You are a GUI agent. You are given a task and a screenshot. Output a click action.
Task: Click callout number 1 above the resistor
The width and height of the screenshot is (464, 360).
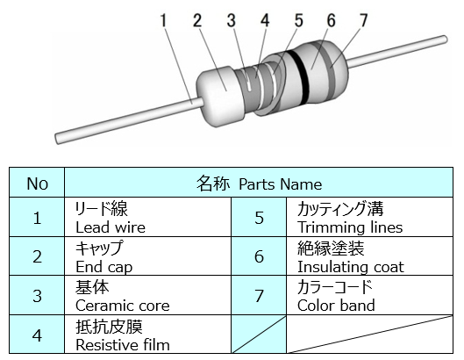[x=163, y=20]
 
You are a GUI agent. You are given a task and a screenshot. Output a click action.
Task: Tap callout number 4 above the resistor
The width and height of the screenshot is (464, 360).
[x=265, y=20]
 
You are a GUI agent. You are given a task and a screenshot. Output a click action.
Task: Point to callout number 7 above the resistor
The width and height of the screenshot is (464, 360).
[x=363, y=20]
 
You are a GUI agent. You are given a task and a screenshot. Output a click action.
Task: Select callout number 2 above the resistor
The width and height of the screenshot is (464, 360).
[x=197, y=20]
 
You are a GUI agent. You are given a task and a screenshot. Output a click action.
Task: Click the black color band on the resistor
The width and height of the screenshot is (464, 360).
[x=299, y=77]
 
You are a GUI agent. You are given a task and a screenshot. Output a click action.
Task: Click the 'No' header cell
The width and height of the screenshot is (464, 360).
[x=37, y=184]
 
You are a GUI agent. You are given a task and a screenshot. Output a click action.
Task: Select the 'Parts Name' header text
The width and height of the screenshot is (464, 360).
[x=280, y=184]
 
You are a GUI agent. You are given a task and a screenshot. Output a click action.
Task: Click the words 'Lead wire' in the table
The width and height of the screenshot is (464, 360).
[x=111, y=227]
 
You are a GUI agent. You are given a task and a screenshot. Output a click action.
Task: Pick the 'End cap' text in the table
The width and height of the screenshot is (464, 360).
[x=104, y=267]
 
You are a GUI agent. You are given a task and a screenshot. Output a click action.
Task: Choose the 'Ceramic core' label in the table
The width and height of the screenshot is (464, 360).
[x=123, y=306]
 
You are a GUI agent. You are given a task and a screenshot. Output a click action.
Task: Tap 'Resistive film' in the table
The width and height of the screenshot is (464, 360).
[x=123, y=344]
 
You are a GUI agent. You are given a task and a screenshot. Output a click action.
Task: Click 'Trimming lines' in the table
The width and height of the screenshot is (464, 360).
[x=350, y=227]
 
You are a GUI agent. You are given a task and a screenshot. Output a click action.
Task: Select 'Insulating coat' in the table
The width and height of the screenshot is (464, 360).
[x=351, y=267]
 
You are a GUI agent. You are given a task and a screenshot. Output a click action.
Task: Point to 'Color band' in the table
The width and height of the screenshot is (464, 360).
[x=336, y=306]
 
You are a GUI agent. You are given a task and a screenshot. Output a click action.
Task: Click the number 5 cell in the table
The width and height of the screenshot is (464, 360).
[x=259, y=217]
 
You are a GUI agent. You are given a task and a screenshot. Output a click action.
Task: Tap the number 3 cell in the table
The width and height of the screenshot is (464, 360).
[x=37, y=295]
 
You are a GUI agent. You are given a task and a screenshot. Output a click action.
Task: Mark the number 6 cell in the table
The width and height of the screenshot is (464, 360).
[x=259, y=256]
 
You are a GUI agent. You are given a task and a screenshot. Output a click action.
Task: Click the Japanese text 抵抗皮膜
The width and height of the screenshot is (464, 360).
[x=109, y=327]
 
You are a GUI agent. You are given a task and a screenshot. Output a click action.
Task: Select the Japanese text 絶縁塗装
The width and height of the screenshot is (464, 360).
[x=331, y=248]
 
